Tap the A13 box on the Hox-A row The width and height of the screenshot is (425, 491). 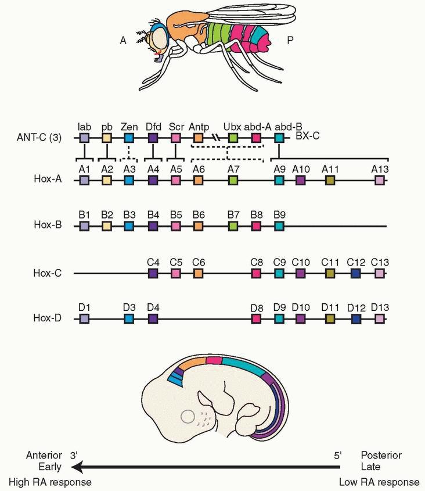click(x=380, y=181)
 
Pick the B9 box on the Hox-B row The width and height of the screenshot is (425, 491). click(x=279, y=226)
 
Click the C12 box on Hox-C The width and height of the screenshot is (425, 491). click(x=355, y=273)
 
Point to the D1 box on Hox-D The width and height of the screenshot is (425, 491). click(x=85, y=318)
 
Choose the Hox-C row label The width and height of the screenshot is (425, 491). click(x=49, y=272)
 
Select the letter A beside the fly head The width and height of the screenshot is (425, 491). click(x=123, y=40)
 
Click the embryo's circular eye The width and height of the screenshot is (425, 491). click(x=188, y=417)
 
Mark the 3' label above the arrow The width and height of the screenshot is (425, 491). click(x=73, y=455)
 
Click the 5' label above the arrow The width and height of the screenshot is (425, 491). click(x=337, y=455)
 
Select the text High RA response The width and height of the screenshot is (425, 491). click(x=50, y=482)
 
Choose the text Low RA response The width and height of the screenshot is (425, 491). click(x=379, y=482)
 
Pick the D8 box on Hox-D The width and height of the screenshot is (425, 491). click(x=256, y=318)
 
